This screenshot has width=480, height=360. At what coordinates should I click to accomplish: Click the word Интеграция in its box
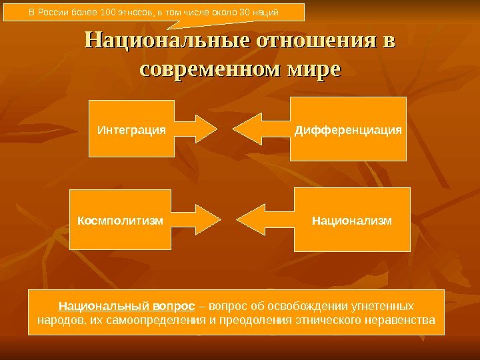pyautogui.click(x=131, y=129)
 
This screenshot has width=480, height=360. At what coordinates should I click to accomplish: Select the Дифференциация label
pyautogui.click(x=349, y=129)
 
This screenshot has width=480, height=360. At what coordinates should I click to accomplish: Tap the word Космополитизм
pyautogui.click(x=121, y=219)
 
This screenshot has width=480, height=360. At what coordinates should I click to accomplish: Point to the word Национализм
pyautogui.click(x=352, y=219)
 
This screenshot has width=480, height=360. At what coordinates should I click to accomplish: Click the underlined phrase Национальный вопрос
pyautogui.click(x=127, y=306)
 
